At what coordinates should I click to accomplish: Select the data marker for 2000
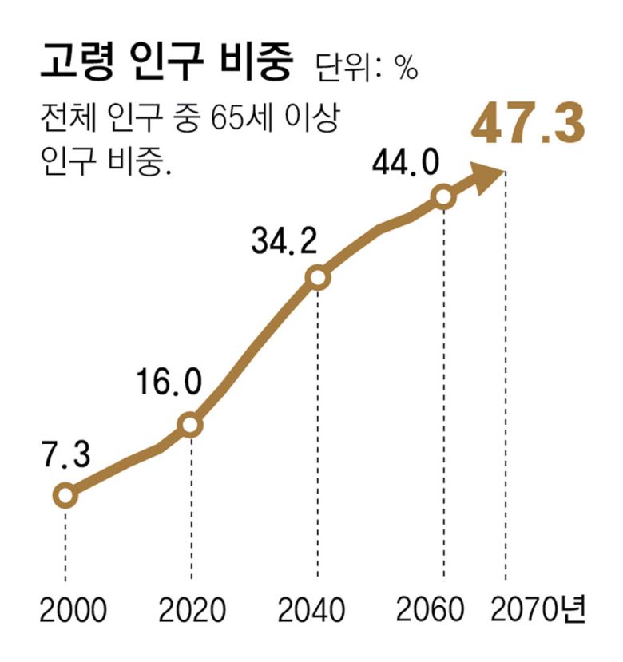pos(65,496)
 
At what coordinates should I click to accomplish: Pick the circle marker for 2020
pos(191,425)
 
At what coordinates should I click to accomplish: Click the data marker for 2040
pos(318,278)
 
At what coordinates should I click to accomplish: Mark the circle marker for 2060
pos(443,196)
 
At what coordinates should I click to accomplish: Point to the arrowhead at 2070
pos(488,176)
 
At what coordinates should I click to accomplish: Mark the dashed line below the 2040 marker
pos(318,431)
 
